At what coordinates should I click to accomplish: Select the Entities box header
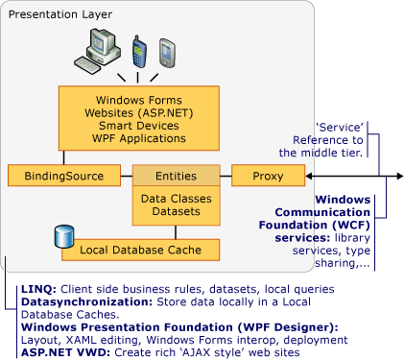tap(176, 177)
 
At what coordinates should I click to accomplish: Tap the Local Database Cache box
tap(140, 252)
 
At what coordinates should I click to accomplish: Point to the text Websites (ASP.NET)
tap(141, 112)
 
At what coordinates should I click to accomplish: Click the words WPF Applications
tap(141, 138)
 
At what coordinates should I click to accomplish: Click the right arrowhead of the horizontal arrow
tap(396, 177)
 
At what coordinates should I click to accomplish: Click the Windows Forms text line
tap(141, 100)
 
